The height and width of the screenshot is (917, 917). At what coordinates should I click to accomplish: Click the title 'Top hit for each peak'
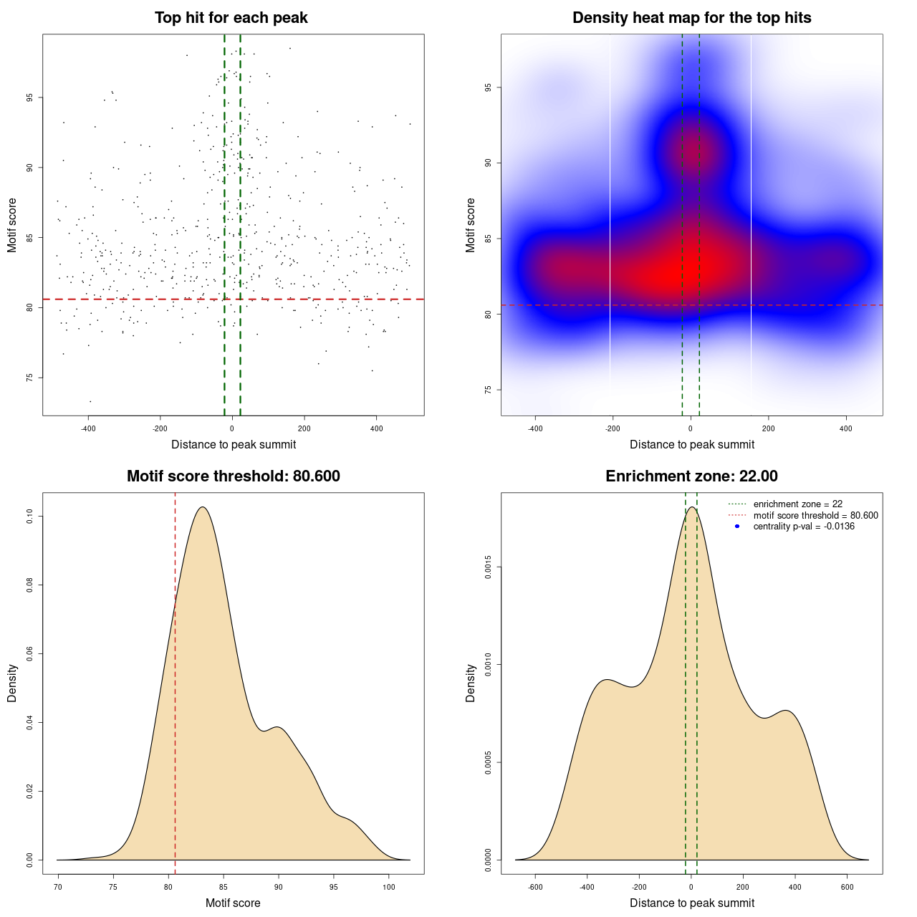pyautogui.click(x=231, y=18)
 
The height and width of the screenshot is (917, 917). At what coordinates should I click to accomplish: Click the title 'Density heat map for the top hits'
pyautogui.click(x=691, y=18)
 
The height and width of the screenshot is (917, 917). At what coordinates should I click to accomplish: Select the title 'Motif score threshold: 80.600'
pyautogui.click(x=233, y=476)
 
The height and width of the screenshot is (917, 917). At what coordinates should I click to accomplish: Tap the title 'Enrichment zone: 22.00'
pyautogui.click(x=691, y=476)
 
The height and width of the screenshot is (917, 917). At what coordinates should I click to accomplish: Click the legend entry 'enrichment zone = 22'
pyautogui.click(x=797, y=504)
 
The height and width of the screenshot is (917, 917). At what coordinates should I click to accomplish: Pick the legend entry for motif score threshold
pyautogui.click(x=815, y=515)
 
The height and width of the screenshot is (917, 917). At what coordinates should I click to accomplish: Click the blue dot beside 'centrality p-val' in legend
pyautogui.click(x=737, y=527)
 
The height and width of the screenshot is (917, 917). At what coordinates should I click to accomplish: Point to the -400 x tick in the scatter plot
pyautogui.click(x=88, y=428)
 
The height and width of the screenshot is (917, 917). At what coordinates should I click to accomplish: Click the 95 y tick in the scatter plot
pyautogui.click(x=29, y=97)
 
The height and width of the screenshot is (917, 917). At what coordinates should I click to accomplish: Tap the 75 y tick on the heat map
pyautogui.click(x=488, y=390)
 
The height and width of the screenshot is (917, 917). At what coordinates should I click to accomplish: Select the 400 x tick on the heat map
pyautogui.click(x=846, y=428)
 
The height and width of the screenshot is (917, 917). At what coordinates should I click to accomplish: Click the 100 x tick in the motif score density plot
pyautogui.click(x=389, y=887)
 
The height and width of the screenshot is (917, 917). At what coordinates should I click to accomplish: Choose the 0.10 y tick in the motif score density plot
pyautogui.click(x=29, y=517)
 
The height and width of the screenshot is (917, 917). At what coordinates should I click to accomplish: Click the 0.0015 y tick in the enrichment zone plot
pyautogui.click(x=488, y=567)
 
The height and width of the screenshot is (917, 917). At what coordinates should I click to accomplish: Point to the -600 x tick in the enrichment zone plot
pyautogui.click(x=535, y=887)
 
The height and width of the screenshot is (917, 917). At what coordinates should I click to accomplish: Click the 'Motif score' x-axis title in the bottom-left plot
pyautogui.click(x=233, y=903)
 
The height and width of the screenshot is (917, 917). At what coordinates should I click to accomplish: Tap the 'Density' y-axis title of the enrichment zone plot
pyautogui.click(x=471, y=683)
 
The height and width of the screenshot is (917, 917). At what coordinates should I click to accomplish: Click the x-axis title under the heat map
pyautogui.click(x=691, y=444)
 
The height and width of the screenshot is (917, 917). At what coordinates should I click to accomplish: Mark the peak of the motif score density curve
pyautogui.click(x=203, y=507)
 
